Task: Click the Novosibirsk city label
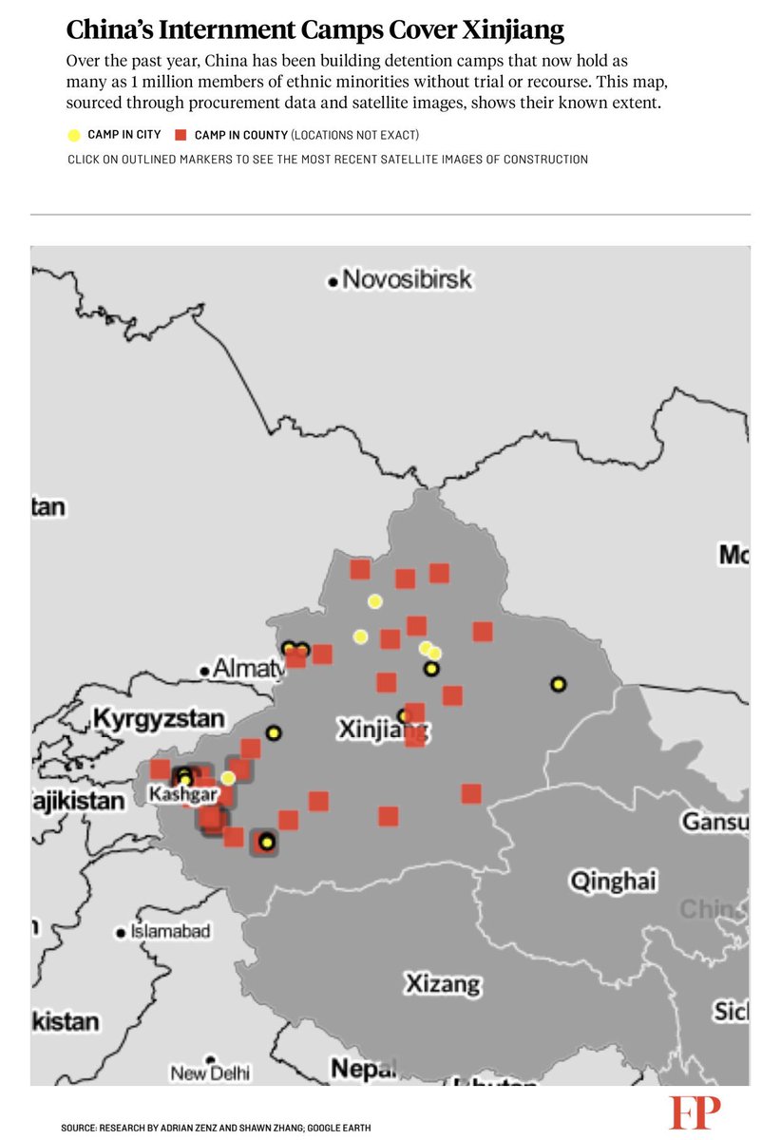[x=407, y=279]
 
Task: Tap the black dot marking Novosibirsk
[x=333, y=281]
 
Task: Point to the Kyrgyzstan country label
[x=159, y=717]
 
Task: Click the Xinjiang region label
[x=382, y=730]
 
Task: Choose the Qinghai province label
[x=613, y=881]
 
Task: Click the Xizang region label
[x=443, y=983]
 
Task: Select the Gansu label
[x=714, y=821]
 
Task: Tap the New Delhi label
[x=211, y=1073]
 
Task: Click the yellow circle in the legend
[x=74, y=135]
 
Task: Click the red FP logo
[x=695, y=1112]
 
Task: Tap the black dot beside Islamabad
[x=120, y=933]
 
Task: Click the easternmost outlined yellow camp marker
[x=559, y=684]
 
